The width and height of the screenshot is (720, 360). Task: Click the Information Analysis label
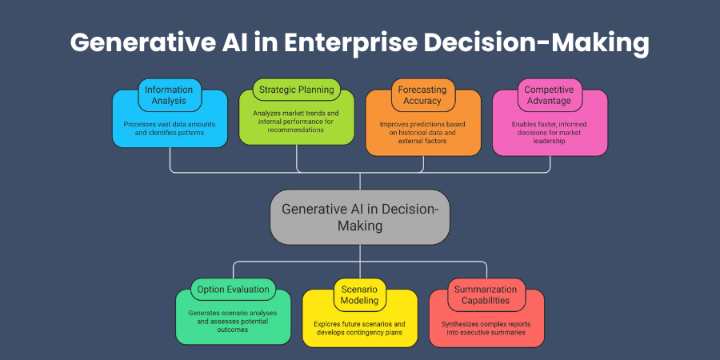tap(169, 95)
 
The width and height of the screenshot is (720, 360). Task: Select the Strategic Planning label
tap(295, 89)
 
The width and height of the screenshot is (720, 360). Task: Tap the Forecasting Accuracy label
tap(422, 95)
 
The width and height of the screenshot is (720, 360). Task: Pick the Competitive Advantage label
tap(549, 95)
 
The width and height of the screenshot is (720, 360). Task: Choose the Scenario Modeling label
tap(359, 295)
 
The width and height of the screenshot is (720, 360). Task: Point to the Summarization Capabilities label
tap(486, 295)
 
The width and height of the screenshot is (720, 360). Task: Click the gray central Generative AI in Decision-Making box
tap(360, 217)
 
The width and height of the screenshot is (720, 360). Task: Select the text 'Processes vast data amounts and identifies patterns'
tap(169, 129)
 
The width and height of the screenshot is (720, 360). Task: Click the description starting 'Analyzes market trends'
tap(296, 123)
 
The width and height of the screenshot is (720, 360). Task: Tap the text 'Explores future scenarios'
tap(359, 329)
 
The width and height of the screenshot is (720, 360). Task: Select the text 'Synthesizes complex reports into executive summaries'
tap(486, 329)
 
